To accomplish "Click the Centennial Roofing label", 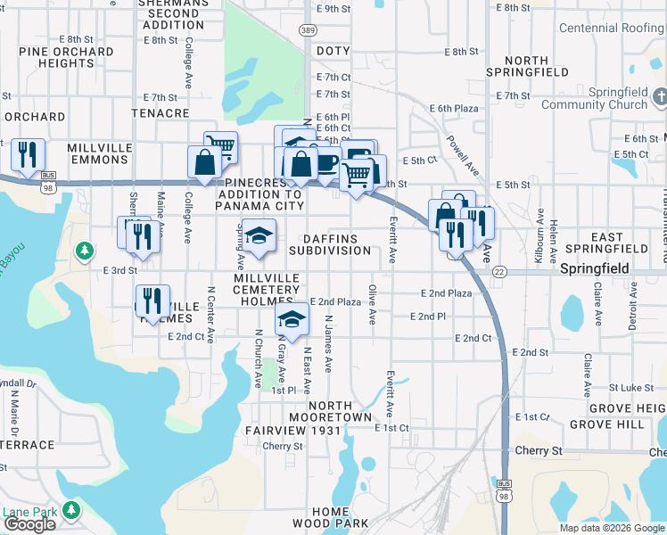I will point(612,29).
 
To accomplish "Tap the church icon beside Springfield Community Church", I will point(660,96).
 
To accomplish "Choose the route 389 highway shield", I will point(308,31).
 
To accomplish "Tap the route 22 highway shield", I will point(498,271).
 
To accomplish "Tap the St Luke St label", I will point(631,388).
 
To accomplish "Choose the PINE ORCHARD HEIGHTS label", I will point(66,58).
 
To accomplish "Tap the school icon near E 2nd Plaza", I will point(291,318).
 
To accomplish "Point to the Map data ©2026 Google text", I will point(611,528).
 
